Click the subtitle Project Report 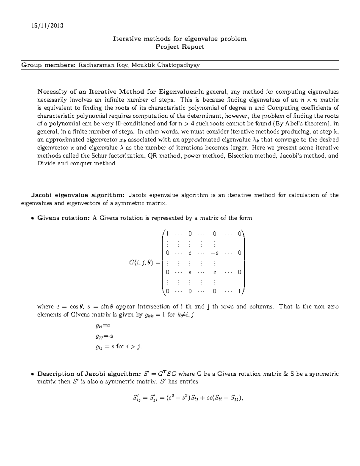tap(180, 47)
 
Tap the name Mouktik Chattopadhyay tap(165, 65)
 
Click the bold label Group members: tap(48, 65)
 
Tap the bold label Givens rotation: tap(63, 218)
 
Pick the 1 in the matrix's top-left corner tap(167, 233)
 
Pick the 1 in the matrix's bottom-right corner tap(239, 291)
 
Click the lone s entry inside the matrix tap(190, 272)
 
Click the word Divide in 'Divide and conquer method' tap(46, 164)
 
